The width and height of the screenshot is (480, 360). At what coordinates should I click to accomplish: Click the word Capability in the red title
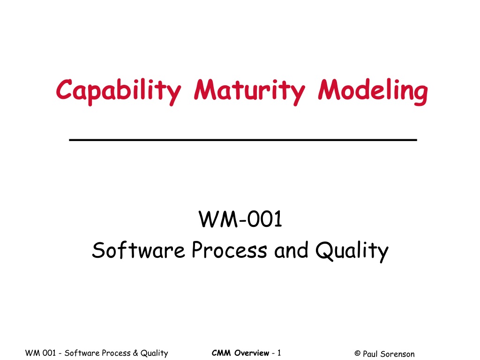point(119,91)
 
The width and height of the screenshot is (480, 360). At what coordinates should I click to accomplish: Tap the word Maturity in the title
point(249,91)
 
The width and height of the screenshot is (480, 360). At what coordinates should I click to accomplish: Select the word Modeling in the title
point(373,91)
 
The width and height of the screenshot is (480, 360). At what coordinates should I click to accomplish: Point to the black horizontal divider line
point(243,140)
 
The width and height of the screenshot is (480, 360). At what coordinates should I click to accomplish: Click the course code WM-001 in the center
point(240,219)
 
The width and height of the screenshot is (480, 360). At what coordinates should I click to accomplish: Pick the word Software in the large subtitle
point(138,250)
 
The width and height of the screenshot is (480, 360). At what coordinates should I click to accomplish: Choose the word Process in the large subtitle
point(229,250)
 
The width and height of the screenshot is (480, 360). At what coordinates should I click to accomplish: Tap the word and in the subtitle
point(291,250)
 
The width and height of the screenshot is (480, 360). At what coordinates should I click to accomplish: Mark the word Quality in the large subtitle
point(352,251)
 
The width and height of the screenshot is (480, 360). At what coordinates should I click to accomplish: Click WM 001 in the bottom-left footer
point(40,353)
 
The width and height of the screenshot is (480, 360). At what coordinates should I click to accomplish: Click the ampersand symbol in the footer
point(135,353)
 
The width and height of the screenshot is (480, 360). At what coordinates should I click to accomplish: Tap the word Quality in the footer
point(154,353)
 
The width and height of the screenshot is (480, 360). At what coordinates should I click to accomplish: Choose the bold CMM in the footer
point(221,353)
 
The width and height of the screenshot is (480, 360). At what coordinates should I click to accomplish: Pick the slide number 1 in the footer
point(279,353)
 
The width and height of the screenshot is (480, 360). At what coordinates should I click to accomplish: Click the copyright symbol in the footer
point(357,353)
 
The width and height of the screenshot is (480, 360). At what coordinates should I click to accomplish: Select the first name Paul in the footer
point(370,354)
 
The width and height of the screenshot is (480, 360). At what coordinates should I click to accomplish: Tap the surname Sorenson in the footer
point(397,354)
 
